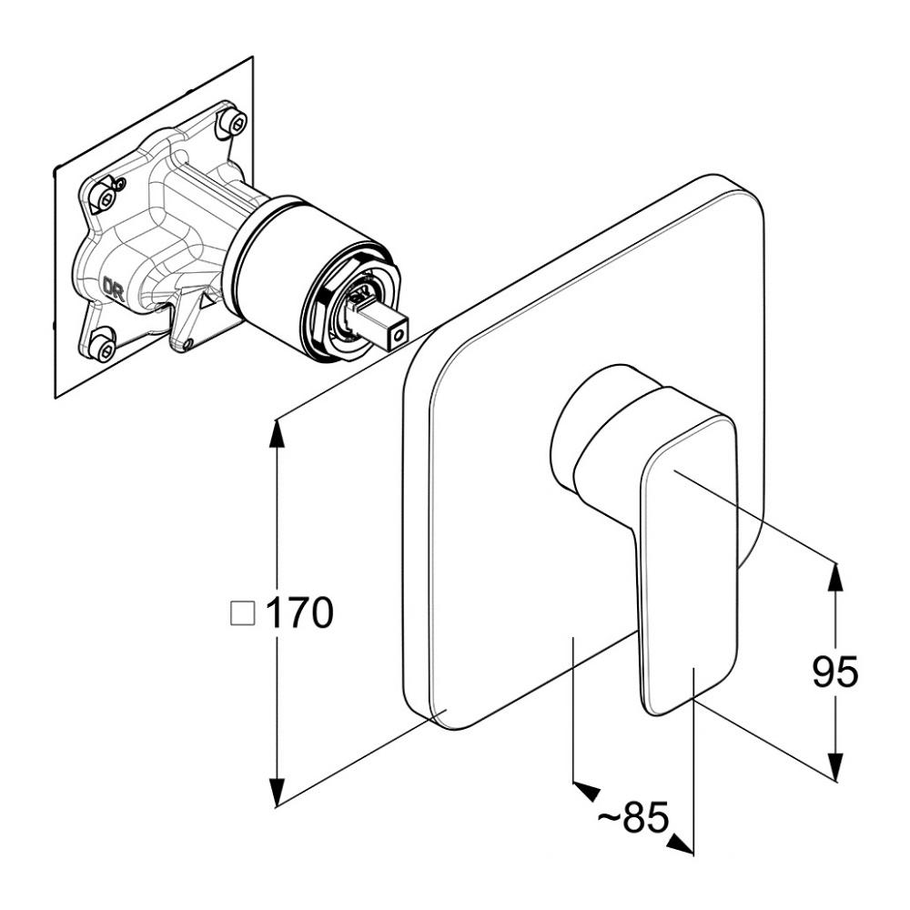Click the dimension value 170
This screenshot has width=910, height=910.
[299, 612]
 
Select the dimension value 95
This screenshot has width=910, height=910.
[834, 672]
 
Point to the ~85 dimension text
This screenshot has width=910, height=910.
[633, 818]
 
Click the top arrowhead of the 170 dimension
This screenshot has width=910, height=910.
[278, 431]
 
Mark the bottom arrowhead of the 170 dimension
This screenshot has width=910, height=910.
[278, 793]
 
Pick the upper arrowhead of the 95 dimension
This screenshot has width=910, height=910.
[835, 578]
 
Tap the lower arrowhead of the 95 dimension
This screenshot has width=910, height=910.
[835, 766]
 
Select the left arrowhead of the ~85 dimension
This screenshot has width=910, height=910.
[586, 790]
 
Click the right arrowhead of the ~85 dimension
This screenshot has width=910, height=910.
[680, 844]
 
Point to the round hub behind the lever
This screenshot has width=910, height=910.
[601, 427]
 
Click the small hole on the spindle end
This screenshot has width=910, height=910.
[399, 336]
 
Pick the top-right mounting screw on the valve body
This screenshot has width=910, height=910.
[235, 121]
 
